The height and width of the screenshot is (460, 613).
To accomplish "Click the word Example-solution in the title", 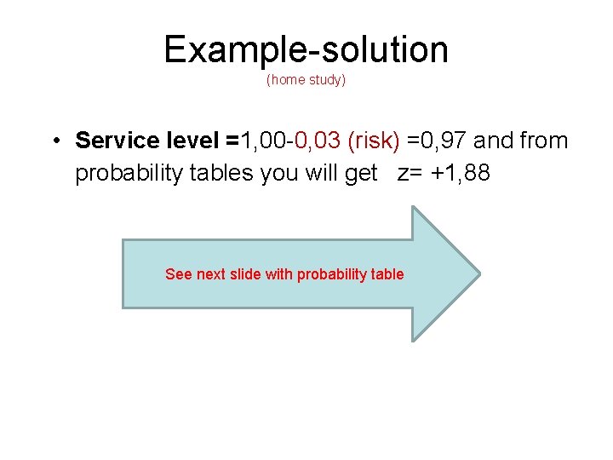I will click(x=306, y=49).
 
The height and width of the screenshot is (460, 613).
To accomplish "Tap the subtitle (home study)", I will click(x=306, y=80).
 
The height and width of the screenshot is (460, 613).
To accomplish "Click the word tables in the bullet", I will click(x=221, y=172).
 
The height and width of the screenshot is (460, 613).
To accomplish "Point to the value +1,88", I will click(x=461, y=173).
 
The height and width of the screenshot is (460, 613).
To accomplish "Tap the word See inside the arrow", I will click(x=178, y=274).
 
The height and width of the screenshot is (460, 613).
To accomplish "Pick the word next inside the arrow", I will click(x=211, y=274).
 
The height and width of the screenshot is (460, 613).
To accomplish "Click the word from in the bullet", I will click(x=543, y=140).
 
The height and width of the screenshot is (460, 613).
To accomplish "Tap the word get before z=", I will click(x=361, y=174).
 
